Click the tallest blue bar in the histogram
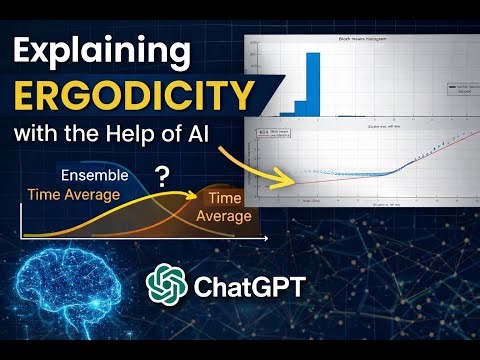click(312, 84)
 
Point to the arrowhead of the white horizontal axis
click(265, 241)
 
